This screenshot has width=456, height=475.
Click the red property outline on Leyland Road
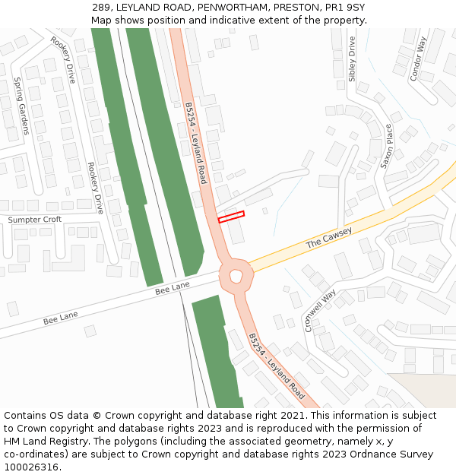click(x=231, y=217)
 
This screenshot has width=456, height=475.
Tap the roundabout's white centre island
click(x=236, y=274)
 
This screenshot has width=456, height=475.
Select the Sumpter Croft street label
click(x=34, y=220)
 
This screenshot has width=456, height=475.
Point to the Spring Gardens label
click(x=21, y=106)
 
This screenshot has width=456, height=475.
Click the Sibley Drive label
click(x=352, y=59)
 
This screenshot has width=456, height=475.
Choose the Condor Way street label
click(x=418, y=59)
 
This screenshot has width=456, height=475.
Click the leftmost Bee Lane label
click(x=61, y=318)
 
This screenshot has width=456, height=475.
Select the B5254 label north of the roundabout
click(x=196, y=144)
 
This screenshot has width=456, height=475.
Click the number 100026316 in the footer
click(x=31, y=467)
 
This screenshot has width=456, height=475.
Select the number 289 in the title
click(x=102, y=8)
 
